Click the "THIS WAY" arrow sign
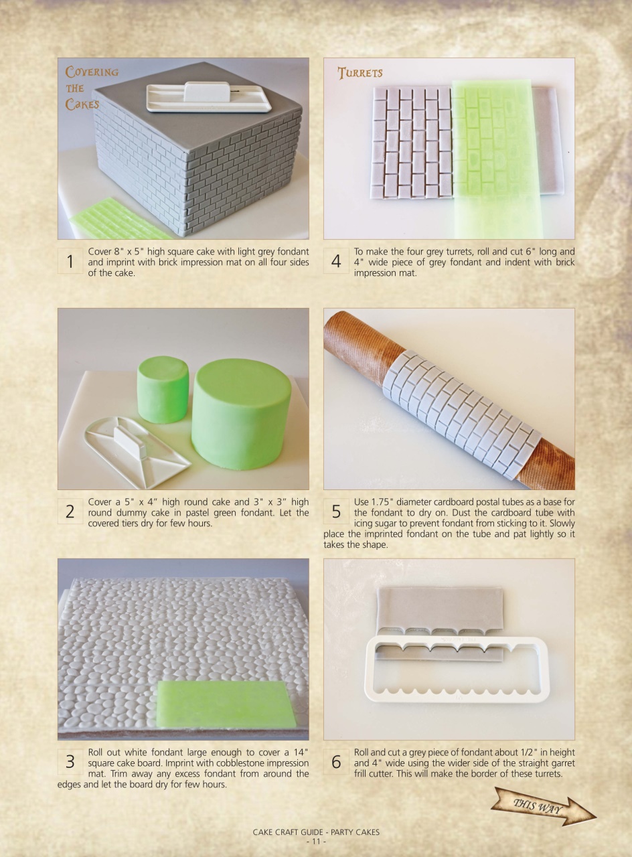tap(543, 806)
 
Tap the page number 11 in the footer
tap(315, 841)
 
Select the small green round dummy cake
tap(163, 390)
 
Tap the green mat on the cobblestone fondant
tap(226, 705)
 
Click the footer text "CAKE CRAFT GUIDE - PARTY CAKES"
tap(315, 832)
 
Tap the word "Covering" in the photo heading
tap(92, 72)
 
